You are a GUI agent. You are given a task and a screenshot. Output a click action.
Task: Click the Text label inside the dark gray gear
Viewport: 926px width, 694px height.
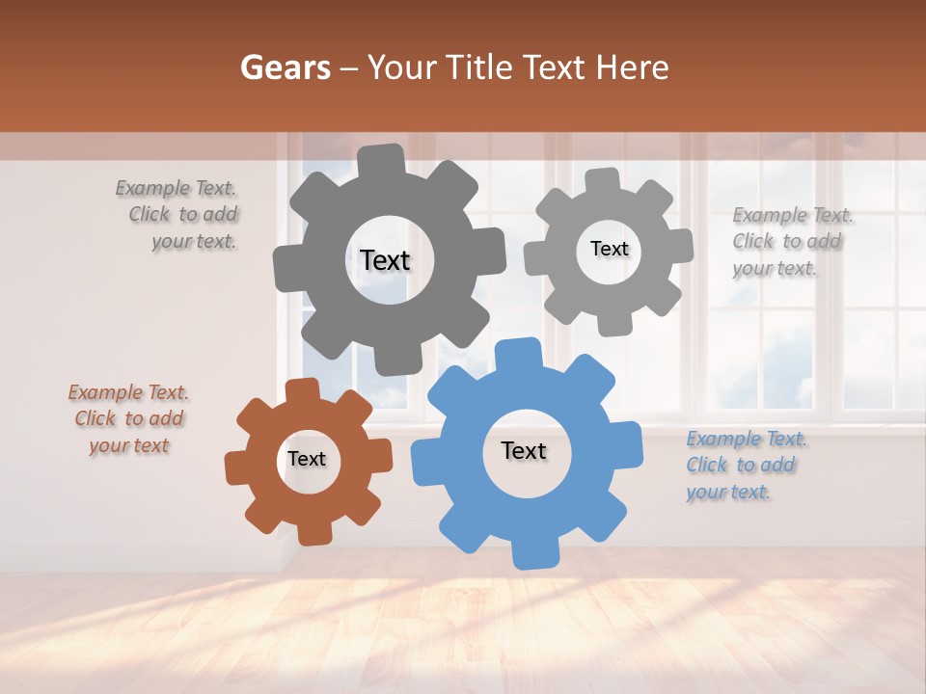[385, 260]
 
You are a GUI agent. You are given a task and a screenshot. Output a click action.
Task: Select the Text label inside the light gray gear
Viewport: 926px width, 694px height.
[609, 249]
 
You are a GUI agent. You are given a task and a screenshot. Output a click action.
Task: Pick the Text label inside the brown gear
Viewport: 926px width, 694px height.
[307, 459]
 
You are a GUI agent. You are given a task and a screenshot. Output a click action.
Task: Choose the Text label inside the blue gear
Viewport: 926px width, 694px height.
[524, 450]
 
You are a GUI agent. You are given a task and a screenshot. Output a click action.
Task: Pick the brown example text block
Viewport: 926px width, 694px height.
[128, 419]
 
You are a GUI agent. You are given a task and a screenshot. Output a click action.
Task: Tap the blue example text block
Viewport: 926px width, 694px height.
[745, 466]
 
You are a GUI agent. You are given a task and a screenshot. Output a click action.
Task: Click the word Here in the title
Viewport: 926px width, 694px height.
[633, 67]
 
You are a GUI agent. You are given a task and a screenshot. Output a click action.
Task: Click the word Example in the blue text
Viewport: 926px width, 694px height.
[723, 440]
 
